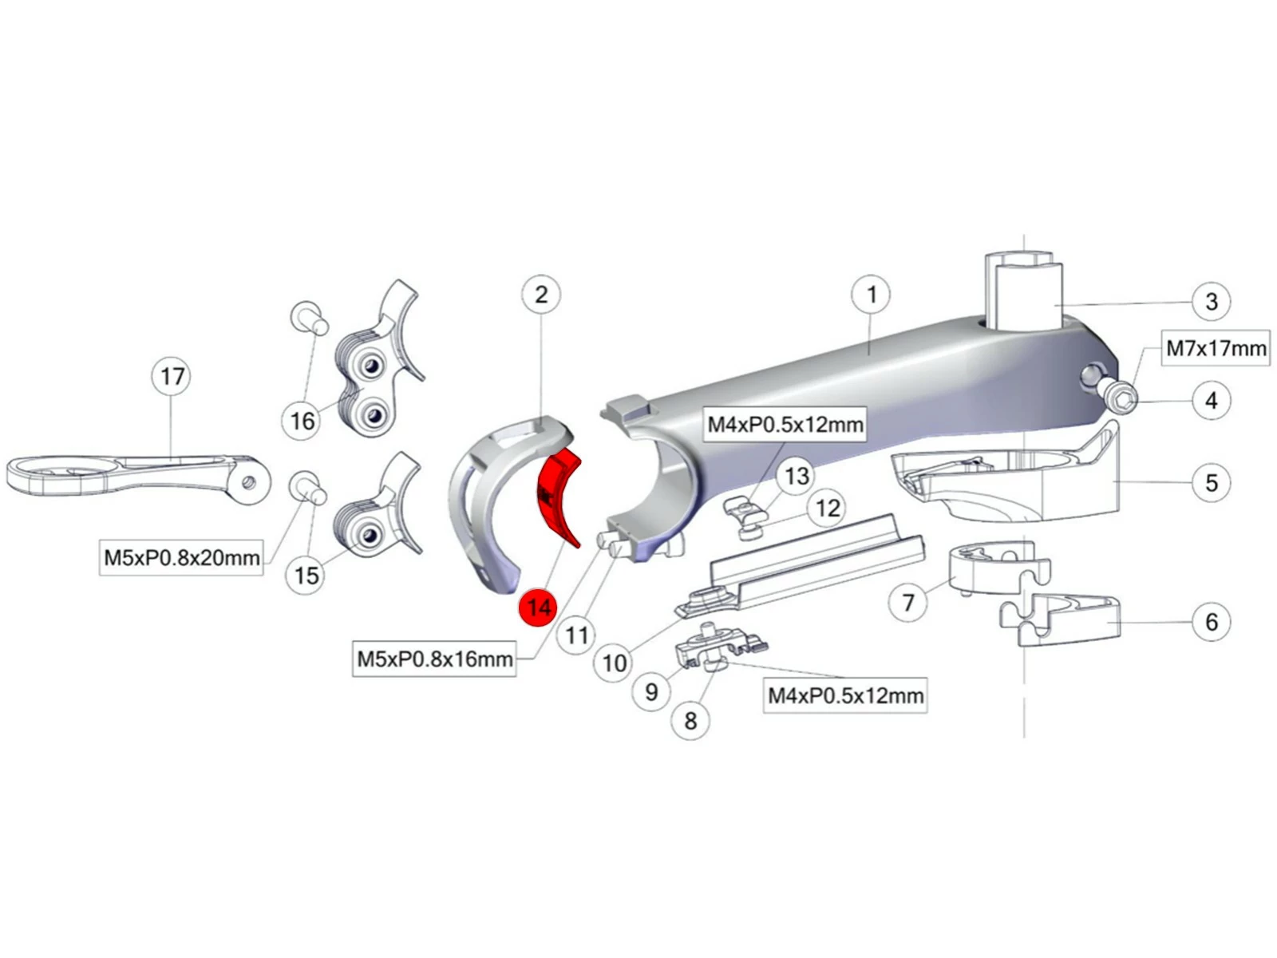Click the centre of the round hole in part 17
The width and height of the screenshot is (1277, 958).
249,481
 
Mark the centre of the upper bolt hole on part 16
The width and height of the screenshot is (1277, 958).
370,366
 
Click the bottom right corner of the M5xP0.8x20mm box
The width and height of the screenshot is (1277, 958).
263,575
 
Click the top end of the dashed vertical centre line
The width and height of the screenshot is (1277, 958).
1024,236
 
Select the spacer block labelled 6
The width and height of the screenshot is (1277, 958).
1060,620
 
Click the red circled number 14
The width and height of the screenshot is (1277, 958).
538,608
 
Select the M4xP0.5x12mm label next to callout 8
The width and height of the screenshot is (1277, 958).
845,695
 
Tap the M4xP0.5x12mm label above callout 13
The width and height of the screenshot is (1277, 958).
785,424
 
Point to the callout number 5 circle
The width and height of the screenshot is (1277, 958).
1212,482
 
